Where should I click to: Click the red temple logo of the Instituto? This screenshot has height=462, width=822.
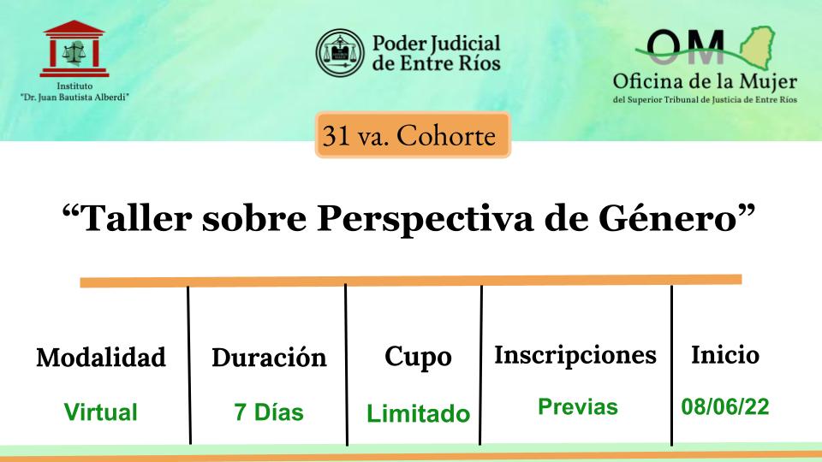pyautogui.click(x=74, y=49)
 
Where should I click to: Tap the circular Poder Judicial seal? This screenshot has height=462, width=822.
pyautogui.click(x=340, y=52)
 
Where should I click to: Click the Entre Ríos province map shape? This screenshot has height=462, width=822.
pyautogui.click(x=757, y=47)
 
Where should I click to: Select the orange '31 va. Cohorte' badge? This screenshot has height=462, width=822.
pyautogui.click(x=413, y=135)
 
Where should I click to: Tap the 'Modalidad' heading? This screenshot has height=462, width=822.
pyautogui.click(x=101, y=358)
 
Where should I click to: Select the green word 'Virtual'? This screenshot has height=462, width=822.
pyautogui.click(x=101, y=412)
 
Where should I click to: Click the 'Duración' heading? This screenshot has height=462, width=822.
pyautogui.click(x=269, y=358)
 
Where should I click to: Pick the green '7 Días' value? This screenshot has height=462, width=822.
pyautogui.click(x=268, y=412)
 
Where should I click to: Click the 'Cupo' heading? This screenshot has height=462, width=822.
pyautogui.click(x=418, y=358)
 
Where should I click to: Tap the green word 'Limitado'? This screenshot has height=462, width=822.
pyautogui.click(x=418, y=413)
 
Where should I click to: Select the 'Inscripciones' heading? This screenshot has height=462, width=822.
pyautogui.click(x=575, y=356)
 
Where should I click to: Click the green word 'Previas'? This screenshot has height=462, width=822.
pyautogui.click(x=578, y=406)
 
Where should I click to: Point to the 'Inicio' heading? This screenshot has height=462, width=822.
pyautogui.click(x=725, y=354)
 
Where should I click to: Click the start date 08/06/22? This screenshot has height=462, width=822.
pyautogui.click(x=725, y=406)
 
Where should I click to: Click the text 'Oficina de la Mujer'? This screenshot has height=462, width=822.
pyautogui.click(x=705, y=82)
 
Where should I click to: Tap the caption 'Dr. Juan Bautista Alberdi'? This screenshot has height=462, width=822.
pyautogui.click(x=74, y=97)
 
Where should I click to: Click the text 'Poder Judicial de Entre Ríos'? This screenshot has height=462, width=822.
pyautogui.click(x=436, y=53)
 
